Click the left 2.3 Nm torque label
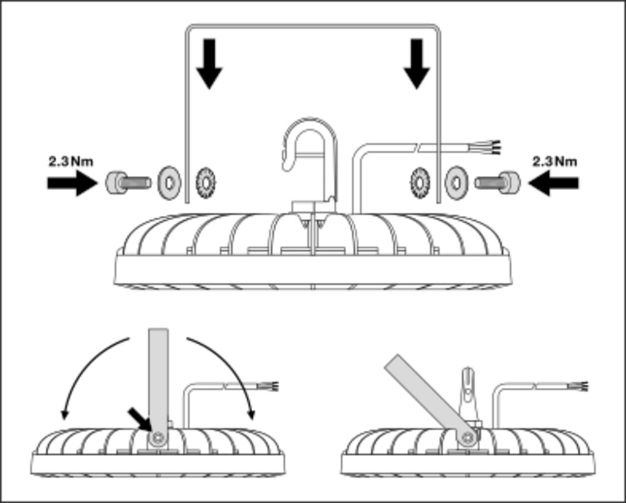(71, 161)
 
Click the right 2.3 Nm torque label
(555, 161)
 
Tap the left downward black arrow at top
(208, 63)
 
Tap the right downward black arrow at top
(416, 63)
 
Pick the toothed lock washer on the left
(203, 181)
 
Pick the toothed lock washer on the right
(419, 181)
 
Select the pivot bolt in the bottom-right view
(465, 437)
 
